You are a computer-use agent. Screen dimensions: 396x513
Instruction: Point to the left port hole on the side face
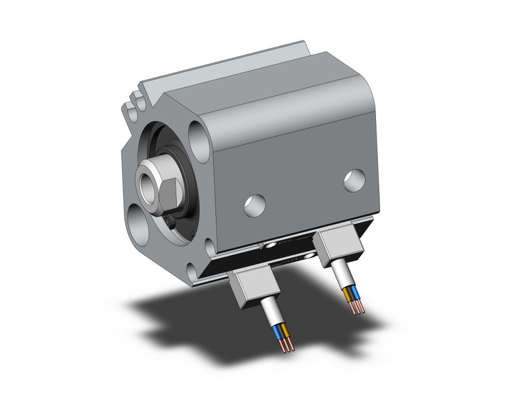click(254, 204)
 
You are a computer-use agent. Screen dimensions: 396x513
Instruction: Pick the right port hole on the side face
click(353, 179)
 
